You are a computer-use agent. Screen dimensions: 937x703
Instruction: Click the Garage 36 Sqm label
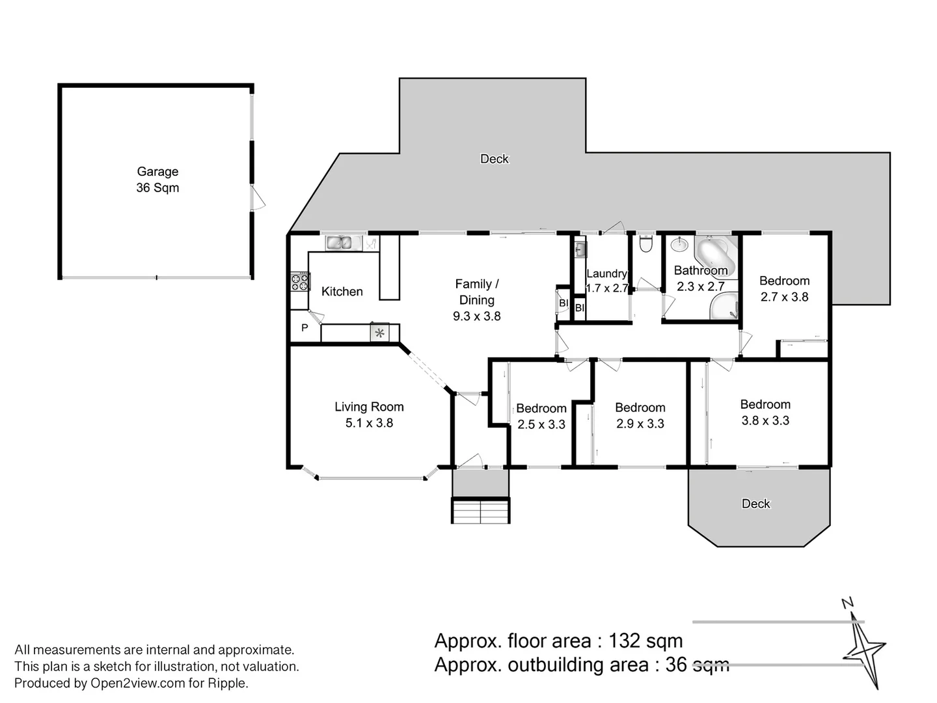[157, 179]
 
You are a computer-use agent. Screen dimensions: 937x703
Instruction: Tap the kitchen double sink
[338, 243]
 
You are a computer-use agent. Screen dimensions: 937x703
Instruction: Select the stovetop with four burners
[300, 282]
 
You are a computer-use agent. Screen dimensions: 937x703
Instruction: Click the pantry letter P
[305, 327]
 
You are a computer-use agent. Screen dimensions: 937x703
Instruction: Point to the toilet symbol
[646, 244]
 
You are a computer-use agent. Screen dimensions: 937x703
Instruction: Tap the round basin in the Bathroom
[679, 245]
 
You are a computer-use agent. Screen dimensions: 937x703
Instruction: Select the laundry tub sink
[580, 249]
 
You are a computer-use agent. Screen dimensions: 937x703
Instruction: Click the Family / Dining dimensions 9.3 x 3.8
[476, 316]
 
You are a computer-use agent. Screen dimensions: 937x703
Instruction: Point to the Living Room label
[369, 407]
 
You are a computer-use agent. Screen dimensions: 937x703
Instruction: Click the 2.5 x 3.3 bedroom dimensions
[541, 424]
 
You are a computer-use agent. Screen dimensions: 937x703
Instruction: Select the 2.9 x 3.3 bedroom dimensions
[640, 423]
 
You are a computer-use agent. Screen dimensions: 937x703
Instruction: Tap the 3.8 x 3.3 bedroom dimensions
[765, 420]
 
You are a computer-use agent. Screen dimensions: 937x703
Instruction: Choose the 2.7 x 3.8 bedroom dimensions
[784, 297]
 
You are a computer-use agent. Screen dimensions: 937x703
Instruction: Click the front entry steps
[481, 510]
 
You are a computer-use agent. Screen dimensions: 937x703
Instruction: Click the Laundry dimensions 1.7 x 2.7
[606, 288]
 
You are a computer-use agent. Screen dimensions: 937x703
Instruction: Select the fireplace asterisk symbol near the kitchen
[379, 333]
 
